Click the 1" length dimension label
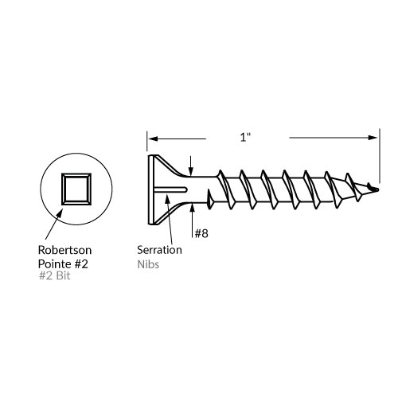pos(245,137)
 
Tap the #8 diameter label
pos(201,233)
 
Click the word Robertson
pos(65,250)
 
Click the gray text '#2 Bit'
pos(55,275)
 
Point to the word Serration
pos(159,250)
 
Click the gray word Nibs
pos(148,264)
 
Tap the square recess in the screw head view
pos(76,189)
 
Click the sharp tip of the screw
pos(378,189)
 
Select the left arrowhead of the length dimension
pos(153,139)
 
